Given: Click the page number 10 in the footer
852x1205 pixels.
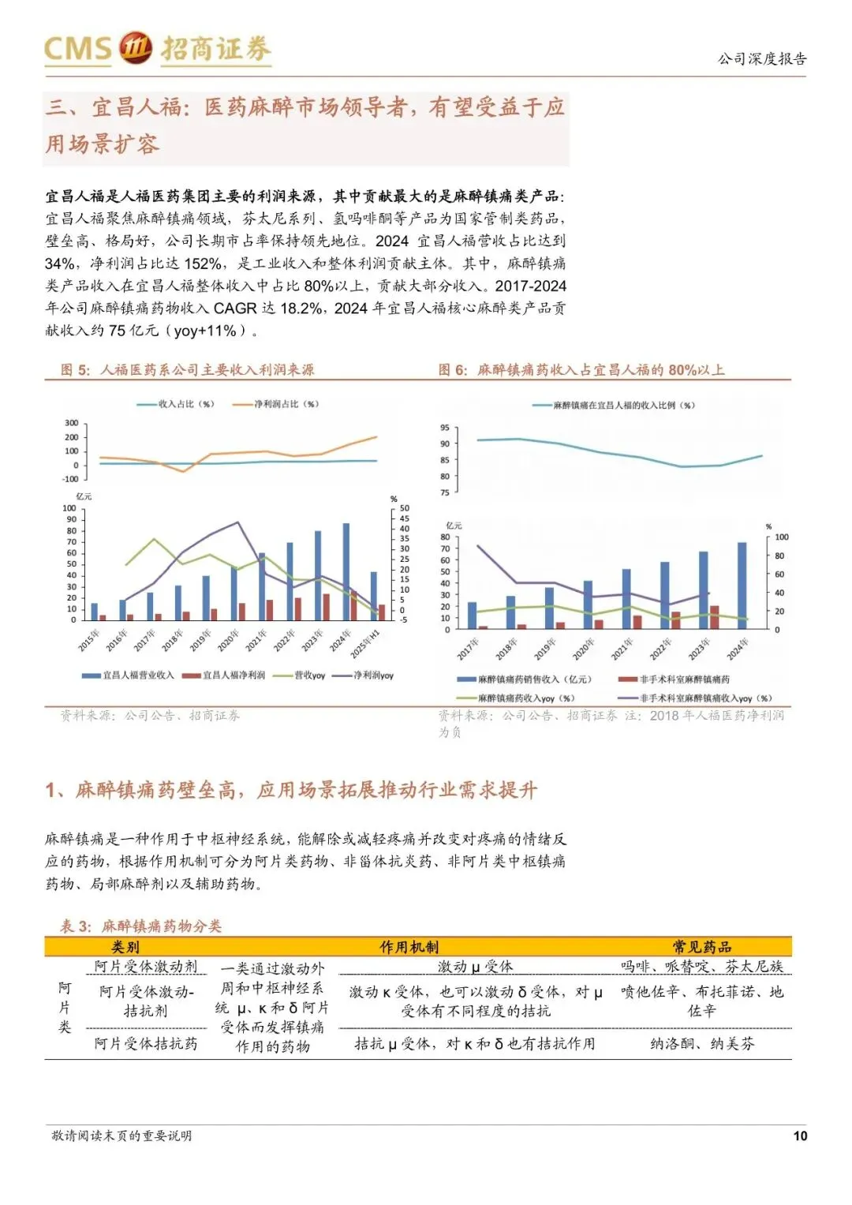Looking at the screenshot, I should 799,1136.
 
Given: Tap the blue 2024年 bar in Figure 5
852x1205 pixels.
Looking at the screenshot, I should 346,571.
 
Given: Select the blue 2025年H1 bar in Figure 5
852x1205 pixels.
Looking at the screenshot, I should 374,596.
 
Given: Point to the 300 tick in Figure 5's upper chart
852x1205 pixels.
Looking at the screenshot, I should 72,424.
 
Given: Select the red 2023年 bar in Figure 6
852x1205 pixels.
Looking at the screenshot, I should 714,617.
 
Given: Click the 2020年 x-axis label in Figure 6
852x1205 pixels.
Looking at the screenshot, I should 584,649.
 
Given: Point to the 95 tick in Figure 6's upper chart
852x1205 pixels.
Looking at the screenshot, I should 445,428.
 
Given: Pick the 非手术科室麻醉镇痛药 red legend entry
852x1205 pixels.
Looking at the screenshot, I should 684,679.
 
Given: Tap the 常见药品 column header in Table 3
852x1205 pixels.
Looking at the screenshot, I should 701,947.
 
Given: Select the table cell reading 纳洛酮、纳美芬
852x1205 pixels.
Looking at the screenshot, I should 701,1044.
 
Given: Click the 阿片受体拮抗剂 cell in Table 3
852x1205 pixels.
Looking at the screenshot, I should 146,1044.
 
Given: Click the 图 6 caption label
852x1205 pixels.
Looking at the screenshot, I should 453,370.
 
